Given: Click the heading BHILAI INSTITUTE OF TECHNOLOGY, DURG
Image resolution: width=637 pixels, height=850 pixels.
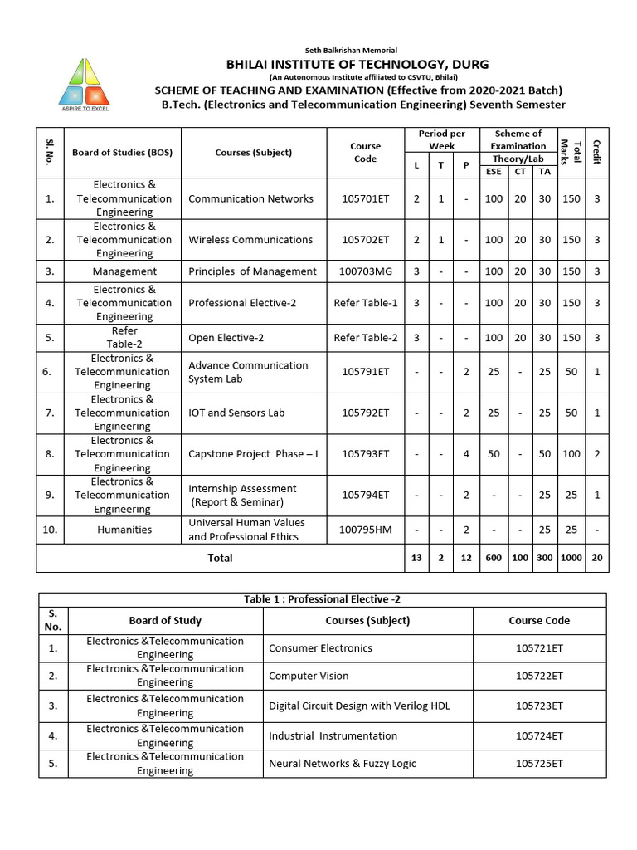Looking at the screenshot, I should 357,64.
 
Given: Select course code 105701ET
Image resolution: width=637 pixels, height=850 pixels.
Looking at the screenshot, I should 365,198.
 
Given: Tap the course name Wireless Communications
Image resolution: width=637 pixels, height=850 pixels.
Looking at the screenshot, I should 250,240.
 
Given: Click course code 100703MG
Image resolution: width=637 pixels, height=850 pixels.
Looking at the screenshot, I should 365,271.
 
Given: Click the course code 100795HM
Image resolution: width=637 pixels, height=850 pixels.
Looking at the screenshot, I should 365,530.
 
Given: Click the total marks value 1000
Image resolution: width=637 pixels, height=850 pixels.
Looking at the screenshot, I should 571,559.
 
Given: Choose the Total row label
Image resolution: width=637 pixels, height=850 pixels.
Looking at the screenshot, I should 220,559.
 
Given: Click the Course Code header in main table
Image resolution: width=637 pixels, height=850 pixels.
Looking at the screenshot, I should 365,152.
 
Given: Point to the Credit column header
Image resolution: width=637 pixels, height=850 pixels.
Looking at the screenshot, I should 596,152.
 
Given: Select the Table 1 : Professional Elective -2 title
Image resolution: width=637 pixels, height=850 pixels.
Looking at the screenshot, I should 322,599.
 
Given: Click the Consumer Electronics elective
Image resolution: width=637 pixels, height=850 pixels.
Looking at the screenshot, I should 320,648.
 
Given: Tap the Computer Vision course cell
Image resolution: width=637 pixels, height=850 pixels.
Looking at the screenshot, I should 309,676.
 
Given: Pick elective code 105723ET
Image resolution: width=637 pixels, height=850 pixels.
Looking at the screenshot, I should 539,706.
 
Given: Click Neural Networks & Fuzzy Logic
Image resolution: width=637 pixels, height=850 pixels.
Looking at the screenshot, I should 343,763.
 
